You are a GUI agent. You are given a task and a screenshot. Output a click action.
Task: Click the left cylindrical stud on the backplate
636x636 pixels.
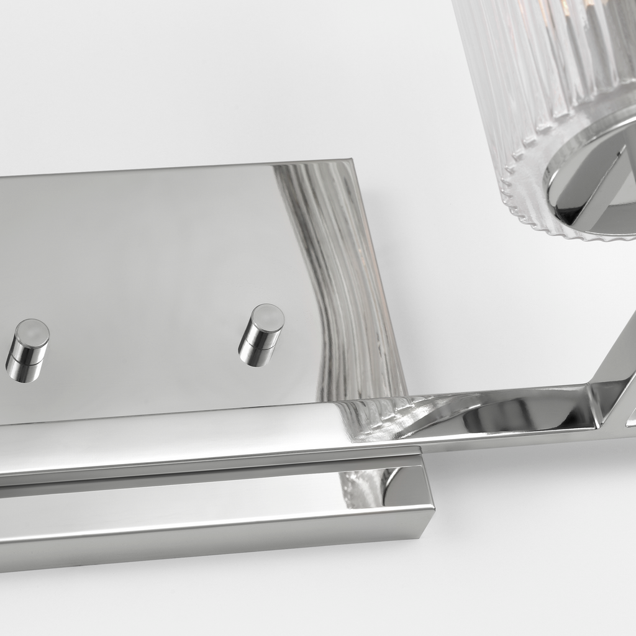(x=26, y=352)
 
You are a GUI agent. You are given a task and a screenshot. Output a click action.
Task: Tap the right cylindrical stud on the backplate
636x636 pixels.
(x=260, y=335)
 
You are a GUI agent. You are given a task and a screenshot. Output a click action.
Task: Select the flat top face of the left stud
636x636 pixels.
(x=32, y=334)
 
